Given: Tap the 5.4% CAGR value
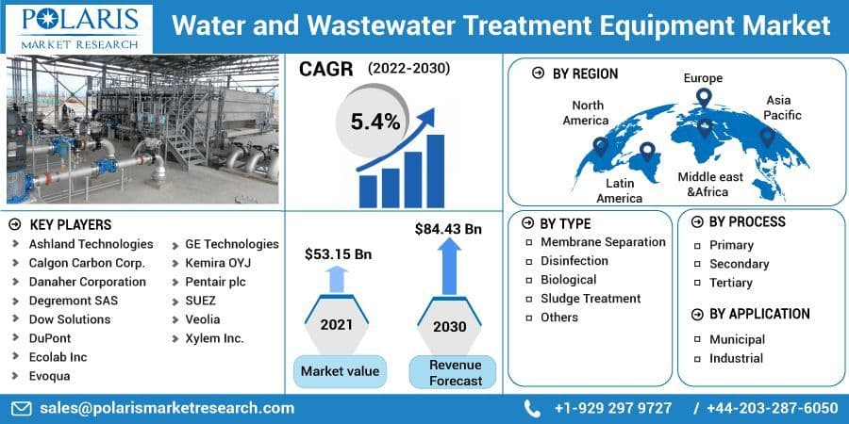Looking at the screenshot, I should click(x=375, y=122).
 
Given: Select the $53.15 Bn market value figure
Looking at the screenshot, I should click(x=337, y=254).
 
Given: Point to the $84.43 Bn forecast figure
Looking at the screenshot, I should click(x=448, y=229).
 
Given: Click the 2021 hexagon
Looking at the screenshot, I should click(x=337, y=325).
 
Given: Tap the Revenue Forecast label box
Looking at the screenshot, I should click(x=455, y=372).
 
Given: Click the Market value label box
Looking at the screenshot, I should click(x=340, y=371).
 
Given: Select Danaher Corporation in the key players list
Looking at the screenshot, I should click(x=87, y=282).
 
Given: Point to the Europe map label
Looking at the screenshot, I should click(x=703, y=77).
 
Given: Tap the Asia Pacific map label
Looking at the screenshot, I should click(x=783, y=107).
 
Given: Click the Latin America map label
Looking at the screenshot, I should click(x=619, y=190).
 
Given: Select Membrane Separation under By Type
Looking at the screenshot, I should click(x=603, y=242).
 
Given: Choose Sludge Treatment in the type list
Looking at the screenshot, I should click(x=590, y=299).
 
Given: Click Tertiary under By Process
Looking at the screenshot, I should click(x=730, y=283).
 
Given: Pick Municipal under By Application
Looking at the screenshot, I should click(x=737, y=339).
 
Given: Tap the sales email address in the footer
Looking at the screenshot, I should click(x=166, y=408).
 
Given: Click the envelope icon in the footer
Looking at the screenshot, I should click(x=21, y=408).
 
